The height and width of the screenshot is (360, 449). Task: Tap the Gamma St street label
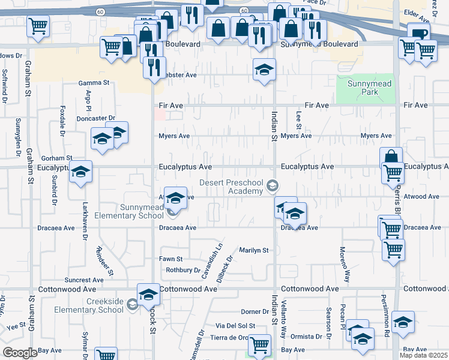(95, 83)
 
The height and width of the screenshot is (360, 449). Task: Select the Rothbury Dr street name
(183, 270)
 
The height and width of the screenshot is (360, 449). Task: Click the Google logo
(20, 353)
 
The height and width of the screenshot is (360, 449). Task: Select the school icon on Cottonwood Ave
(149, 293)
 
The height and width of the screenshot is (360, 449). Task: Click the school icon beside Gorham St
(81, 172)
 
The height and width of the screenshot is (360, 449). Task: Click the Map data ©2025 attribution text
(424, 355)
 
